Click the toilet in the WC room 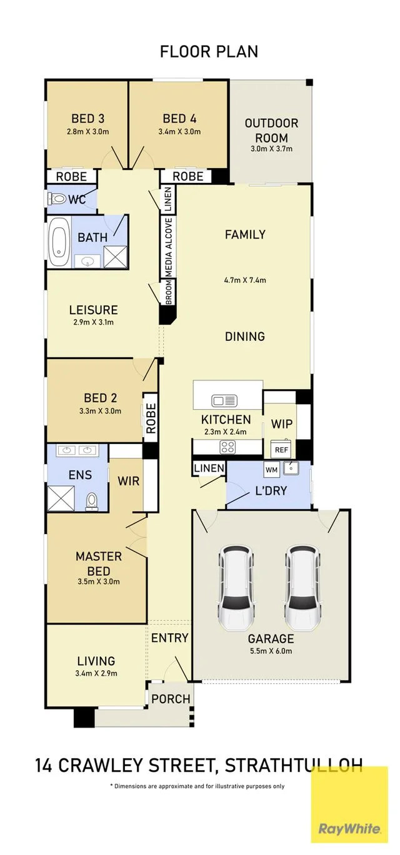coord(57,199)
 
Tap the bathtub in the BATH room coord(59,242)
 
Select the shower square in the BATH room coord(116,257)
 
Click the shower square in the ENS coord(61,498)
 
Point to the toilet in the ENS coord(92,502)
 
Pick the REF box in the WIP coord(281,449)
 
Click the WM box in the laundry coord(271,469)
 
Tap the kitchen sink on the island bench coord(224,401)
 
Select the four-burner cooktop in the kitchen coord(227,447)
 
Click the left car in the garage coord(236,588)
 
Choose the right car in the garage coord(303,588)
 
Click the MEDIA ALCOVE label coord(169,247)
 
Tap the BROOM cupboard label coord(169,292)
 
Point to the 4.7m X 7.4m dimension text coord(245,280)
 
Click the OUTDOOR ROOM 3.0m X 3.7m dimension coord(271,149)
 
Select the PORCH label coord(171,699)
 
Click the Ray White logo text coord(349,829)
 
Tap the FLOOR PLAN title coord(209,52)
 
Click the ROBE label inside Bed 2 coord(151,418)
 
